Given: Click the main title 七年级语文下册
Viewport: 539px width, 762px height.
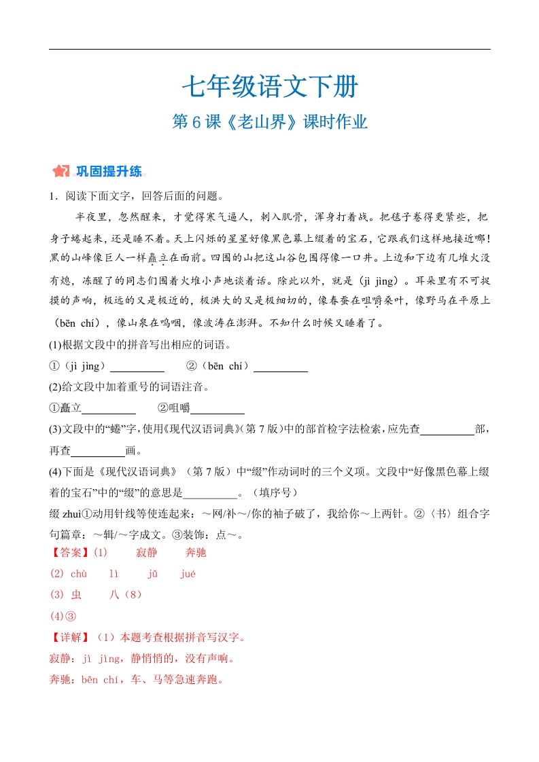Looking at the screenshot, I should point(269,87).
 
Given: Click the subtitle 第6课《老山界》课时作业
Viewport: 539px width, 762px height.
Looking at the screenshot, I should point(269,122).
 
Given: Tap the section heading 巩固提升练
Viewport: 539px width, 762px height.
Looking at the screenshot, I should point(109,170).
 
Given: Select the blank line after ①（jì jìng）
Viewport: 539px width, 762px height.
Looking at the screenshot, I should point(137,367).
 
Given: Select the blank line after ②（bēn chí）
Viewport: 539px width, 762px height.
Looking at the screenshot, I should point(281,367).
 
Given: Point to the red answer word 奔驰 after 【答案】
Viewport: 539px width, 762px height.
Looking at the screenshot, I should point(195,553).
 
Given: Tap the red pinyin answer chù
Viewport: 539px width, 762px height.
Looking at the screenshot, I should point(79,574).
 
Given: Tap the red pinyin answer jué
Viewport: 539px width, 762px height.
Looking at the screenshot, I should point(188,574).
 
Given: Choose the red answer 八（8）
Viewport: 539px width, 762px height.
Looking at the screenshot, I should point(126,595).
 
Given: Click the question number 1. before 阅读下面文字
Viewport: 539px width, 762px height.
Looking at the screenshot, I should point(53,196).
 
